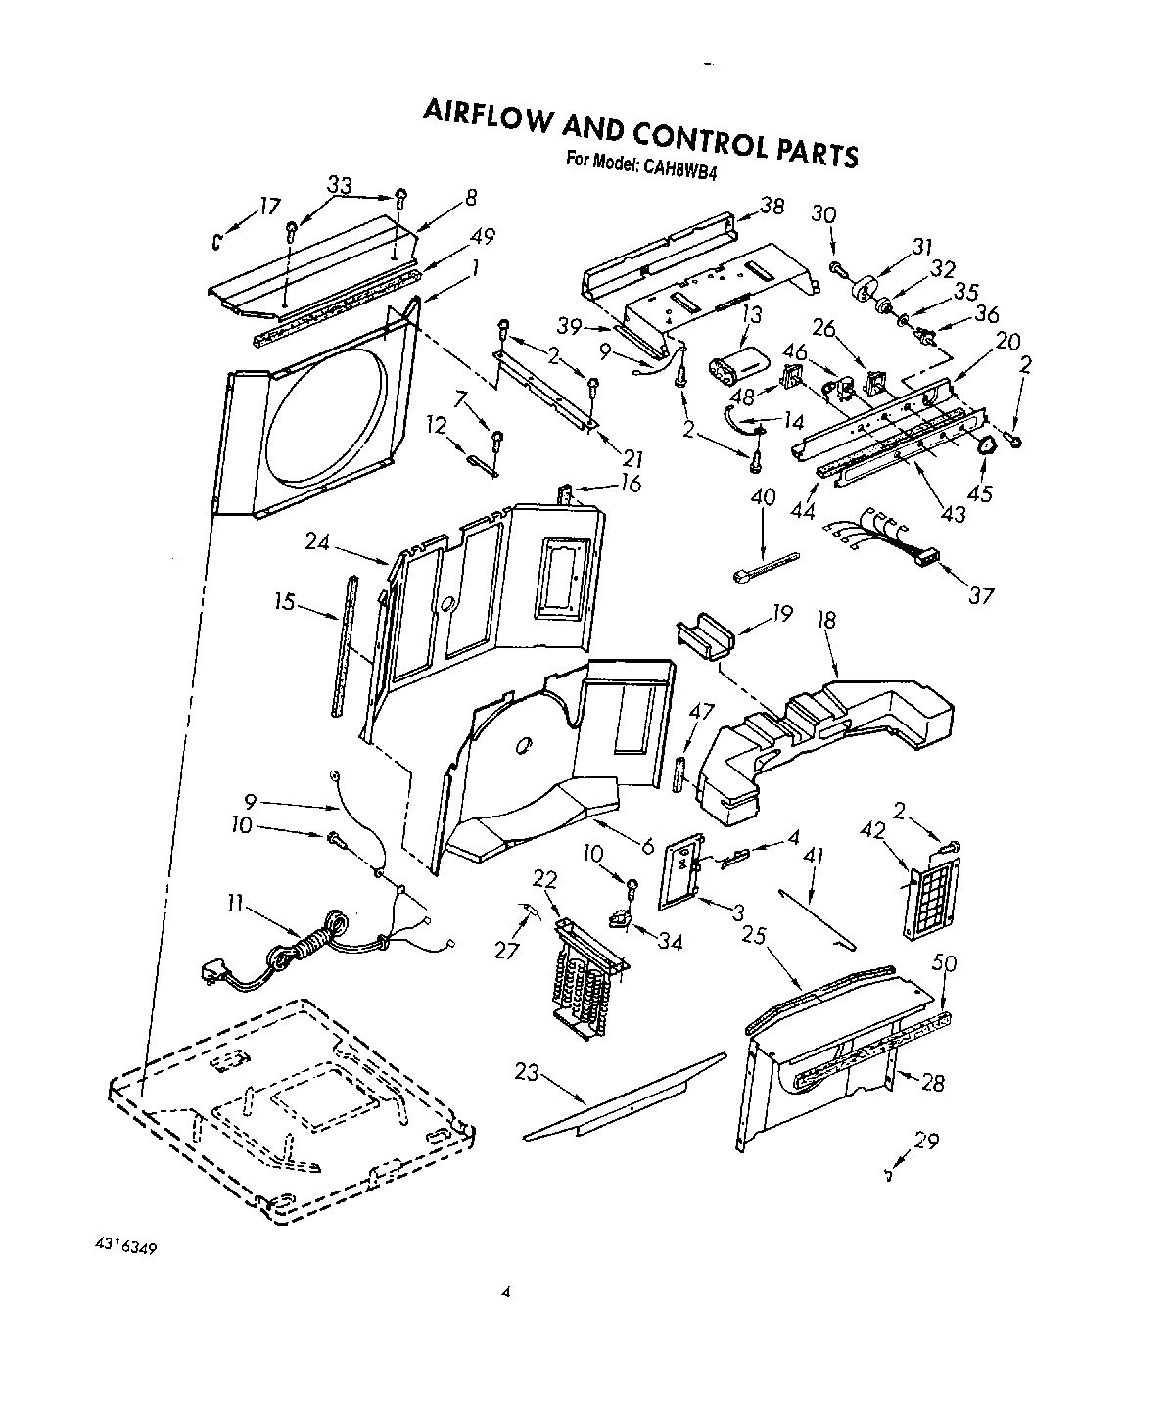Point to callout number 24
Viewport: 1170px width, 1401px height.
[x=316, y=539]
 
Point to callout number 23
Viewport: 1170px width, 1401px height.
[x=527, y=1071]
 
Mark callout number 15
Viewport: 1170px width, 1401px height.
[x=285, y=602]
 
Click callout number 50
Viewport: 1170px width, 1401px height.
[x=946, y=963]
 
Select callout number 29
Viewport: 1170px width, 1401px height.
[x=926, y=1140]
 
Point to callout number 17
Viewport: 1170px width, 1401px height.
[x=269, y=207]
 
